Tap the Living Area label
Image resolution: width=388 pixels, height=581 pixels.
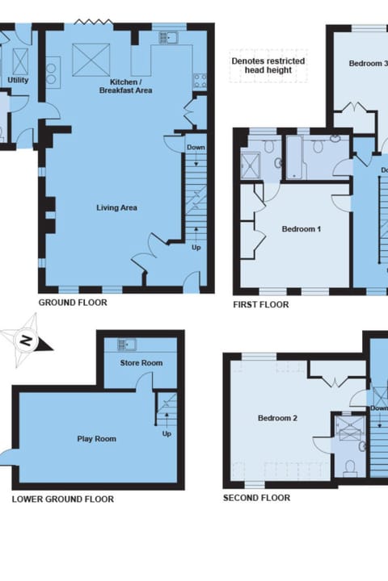click(x=117, y=207)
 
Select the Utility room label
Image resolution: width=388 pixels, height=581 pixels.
click(x=17, y=81)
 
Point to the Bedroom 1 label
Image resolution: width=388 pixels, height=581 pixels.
click(x=302, y=229)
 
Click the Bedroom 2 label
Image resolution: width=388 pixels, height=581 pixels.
click(x=278, y=418)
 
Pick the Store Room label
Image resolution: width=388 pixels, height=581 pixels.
click(x=141, y=363)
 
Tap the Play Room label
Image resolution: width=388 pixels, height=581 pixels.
click(x=97, y=439)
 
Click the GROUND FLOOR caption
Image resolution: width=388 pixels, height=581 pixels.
click(x=73, y=303)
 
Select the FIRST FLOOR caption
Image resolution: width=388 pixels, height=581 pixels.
click(x=260, y=305)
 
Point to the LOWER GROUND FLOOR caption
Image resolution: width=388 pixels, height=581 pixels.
click(x=63, y=499)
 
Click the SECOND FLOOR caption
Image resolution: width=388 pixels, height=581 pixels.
click(x=256, y=498)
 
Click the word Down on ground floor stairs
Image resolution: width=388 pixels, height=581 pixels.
click(x=196, y=148)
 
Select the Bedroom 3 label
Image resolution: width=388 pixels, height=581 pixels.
click(x=368, y=63)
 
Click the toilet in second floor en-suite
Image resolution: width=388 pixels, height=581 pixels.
click(x=350, y=466)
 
